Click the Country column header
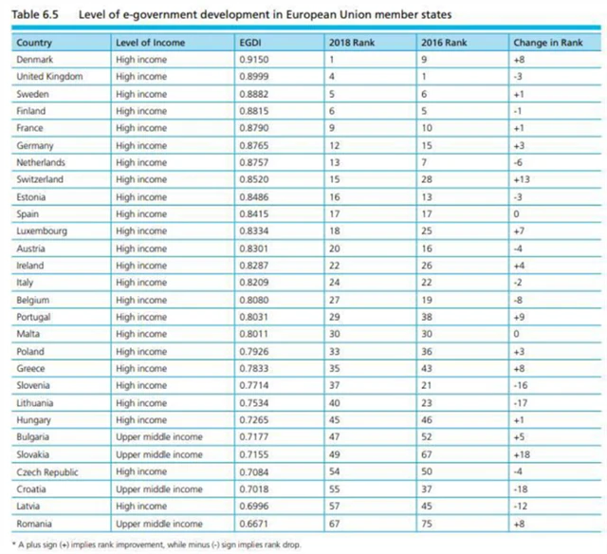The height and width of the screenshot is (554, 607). (34, 43)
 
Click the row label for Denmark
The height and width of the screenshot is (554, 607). (37, 60)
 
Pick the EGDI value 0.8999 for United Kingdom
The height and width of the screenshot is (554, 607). (255, 77)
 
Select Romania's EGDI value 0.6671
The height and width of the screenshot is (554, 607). (255, 523)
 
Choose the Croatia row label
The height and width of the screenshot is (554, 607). (33, 489)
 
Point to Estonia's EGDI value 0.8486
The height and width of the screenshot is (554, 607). (255, 196)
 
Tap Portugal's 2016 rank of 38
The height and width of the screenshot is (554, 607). (427, 317)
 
